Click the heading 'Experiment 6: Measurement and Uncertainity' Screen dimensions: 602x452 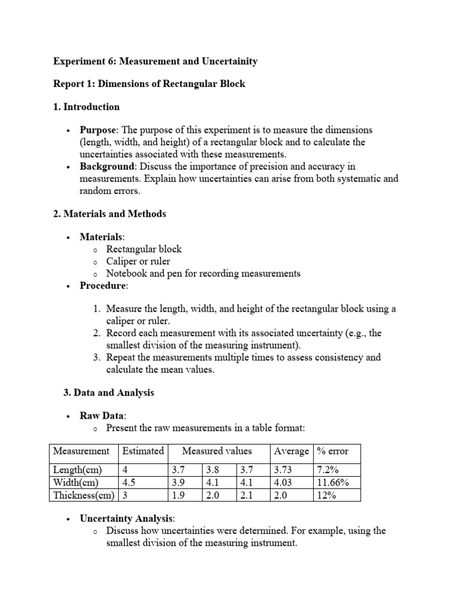click(x=155, y=61)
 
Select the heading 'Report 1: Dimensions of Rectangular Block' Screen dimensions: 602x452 click(x=149, y=84)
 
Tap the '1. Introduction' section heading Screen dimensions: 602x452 click(x=87, y=107)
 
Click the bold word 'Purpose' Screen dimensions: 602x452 click(x=98, y=130)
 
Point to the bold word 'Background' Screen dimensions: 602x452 click(x=106, y=167)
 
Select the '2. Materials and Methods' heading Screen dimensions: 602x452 click(x=109, y=214)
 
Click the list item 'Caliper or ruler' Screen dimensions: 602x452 click(x=138, y=261)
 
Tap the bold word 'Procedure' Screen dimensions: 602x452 click(x=103, y=286)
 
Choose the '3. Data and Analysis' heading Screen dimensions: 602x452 click(x=108, y=393)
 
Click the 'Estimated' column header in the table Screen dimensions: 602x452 click(x=142, y=451)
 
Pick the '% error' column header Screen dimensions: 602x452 click(x=333, y=451)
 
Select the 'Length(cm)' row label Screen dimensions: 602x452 click(x=78, y=470)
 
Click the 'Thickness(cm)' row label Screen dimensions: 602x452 click(x=84, y=496)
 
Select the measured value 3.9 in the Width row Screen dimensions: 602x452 click(x=178, y=483)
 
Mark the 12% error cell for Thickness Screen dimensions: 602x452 click(x=327, y=496)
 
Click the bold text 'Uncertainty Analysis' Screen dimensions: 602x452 click(x=127, y=519)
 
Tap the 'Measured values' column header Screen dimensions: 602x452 click(x=217, y=451)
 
